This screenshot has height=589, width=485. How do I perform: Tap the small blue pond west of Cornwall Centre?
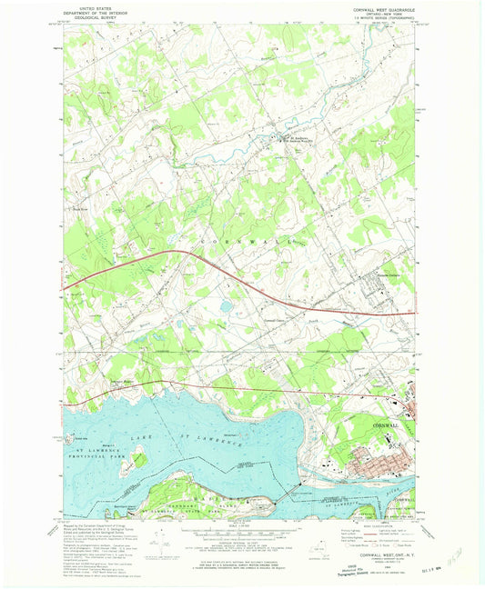[x=224, y=306]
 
